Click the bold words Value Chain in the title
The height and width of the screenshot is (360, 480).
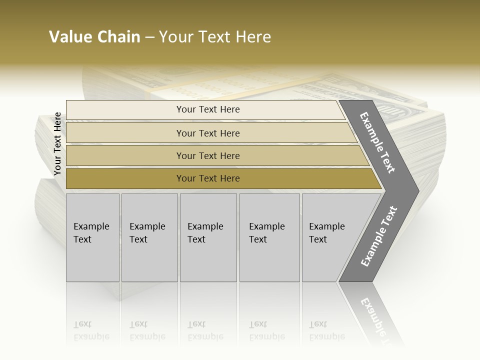point(94,37)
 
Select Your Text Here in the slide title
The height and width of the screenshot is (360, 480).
point(215,37)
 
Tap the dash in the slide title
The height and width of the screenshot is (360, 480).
point(149,37)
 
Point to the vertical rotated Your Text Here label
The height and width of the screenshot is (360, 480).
point(57,144)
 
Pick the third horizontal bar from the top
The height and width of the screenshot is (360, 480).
point(215,155)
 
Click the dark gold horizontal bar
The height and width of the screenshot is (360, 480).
point(220,178)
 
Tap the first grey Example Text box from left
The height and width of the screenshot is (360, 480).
point(92,237)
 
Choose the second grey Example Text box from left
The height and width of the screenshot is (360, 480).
point(149,237)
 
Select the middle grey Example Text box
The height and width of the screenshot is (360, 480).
point(208,237)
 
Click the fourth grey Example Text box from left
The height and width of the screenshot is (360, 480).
point(269,237)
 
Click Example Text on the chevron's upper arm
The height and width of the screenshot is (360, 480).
point(377,142)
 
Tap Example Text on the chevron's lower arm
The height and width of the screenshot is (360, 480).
point(379,236)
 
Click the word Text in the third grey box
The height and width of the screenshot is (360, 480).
point(196,239)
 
